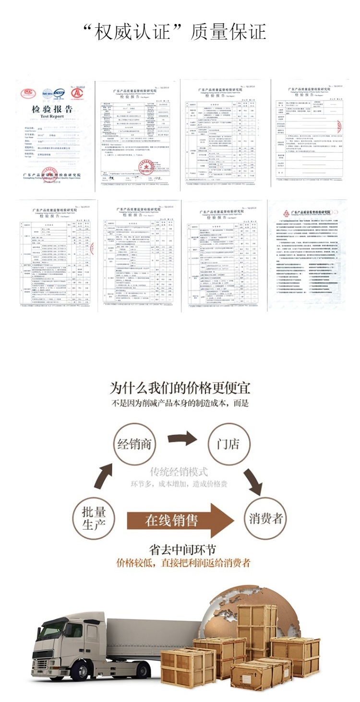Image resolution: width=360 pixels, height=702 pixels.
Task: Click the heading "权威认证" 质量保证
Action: [175, 32]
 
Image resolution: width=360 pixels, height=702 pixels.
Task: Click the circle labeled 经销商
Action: [135, 444]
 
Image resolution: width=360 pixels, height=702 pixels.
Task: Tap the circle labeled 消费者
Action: [266, 518]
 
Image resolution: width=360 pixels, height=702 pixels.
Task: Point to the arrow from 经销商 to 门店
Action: [182, 438]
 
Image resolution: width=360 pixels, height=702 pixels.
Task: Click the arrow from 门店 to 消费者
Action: [253, 480]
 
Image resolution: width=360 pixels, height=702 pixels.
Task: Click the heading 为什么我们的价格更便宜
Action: [180, 388]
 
